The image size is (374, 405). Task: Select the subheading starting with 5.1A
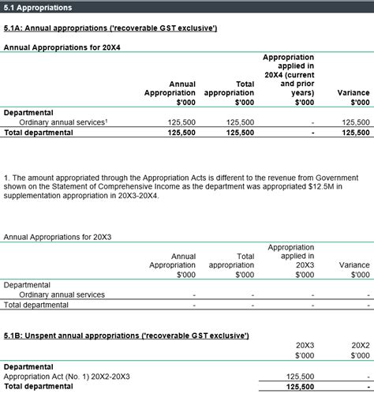click(x=110, y=28)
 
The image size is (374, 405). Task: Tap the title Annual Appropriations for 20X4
click(x=62, y=47)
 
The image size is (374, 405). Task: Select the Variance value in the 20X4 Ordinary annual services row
click(x=355, y=122)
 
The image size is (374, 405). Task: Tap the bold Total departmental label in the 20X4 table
click(x=39, y=133)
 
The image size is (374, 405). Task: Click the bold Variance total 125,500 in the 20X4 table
click(x=355, y=133)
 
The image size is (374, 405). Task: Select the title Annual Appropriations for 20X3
click(x=58, y=237)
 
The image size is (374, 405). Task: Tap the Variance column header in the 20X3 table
click(x=353, y=266)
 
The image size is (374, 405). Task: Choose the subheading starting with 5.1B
click(x=126, y=336)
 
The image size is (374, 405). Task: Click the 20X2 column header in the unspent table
click(x=360, y=346)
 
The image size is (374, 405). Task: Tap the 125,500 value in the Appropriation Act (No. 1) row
click(x=301, y=377)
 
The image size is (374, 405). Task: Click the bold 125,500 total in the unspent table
click(x=301, y=387)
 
